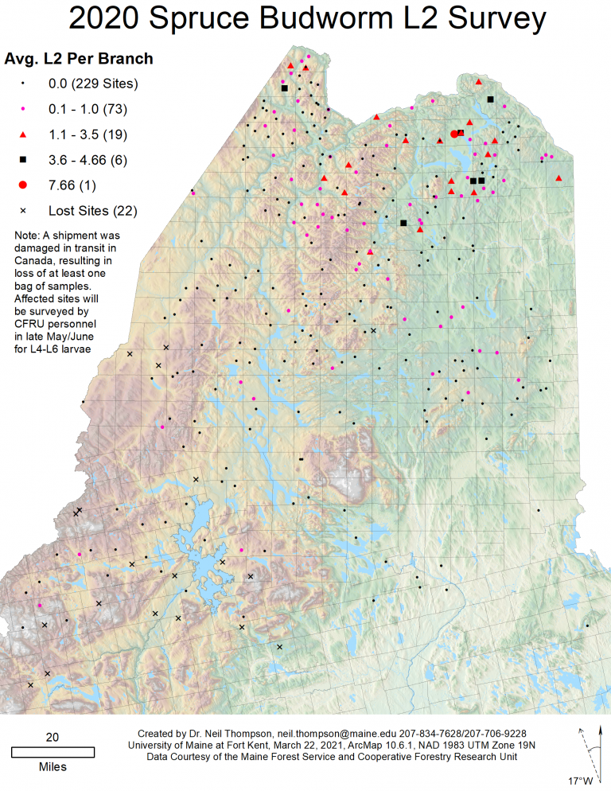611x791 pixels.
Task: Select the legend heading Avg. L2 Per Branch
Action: (x=79, y=59)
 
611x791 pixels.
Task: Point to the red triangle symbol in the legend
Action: (x=23, y=134)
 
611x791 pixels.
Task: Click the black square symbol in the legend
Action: (x=23, y=160)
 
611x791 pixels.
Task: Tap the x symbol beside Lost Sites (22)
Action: (x=23, y=211)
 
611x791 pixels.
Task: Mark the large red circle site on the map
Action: (x=454, y=134)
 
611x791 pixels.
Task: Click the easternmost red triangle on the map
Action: (x=559, y=177)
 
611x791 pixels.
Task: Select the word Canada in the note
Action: (x=34, y=259)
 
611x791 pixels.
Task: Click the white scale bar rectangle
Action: (x=53, y=751)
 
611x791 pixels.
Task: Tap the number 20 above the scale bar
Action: (x=53, y=737)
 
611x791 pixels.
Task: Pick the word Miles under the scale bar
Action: (x=53, y=767)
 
